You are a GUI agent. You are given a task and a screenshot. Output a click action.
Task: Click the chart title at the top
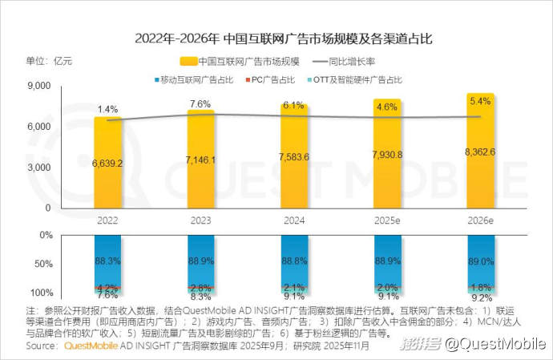tap(276, 38)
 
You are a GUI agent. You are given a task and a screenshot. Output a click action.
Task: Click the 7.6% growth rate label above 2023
tap(200, 103)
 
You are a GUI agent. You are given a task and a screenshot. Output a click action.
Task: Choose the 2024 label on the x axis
tap(294, 219)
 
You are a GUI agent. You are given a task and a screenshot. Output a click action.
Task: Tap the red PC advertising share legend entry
tap(269, 80)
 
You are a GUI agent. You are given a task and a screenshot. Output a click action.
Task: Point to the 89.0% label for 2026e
tap(480, 261)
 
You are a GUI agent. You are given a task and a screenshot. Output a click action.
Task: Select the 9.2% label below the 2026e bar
tap(480, 295)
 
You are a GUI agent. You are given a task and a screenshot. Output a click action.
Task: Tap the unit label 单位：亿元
tap(50, 61)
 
